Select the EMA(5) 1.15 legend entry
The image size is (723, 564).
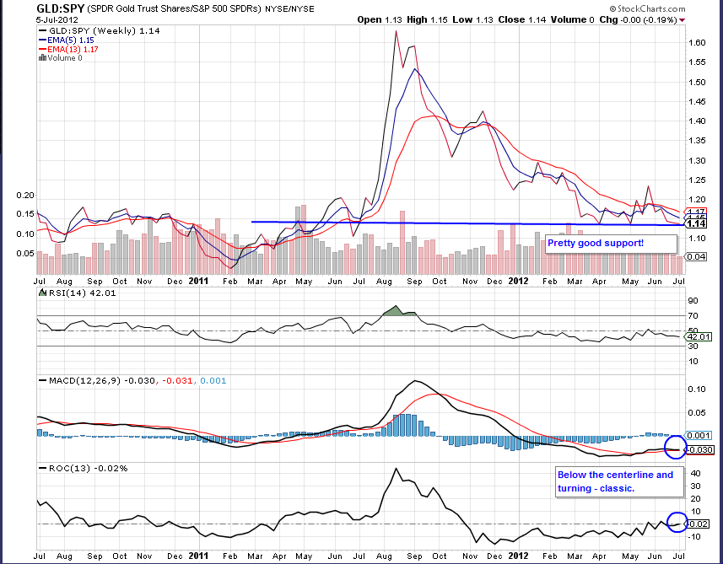pos(70,40)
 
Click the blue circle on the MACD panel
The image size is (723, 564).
pos(676,448)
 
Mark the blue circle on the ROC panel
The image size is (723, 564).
pos(677,523)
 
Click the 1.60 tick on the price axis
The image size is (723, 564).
pos(697,41)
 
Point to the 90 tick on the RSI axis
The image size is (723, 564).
pos(693,300)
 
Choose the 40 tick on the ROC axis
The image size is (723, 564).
pos(693,474)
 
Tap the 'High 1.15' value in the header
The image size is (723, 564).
pos(429,19)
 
